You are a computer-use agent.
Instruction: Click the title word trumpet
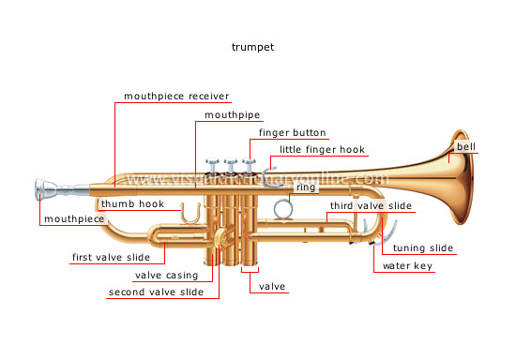[257, 46]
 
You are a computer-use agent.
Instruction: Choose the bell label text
[466, 148]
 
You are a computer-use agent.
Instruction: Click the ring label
[306, 188]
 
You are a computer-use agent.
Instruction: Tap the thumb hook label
[132, 203]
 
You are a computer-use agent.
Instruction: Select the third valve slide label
[371, 205]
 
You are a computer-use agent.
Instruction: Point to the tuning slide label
[423, 248]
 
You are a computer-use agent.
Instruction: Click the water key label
[408, 266]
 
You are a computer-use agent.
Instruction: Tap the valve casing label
[166, 276]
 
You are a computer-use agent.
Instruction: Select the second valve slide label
[155, 292]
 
